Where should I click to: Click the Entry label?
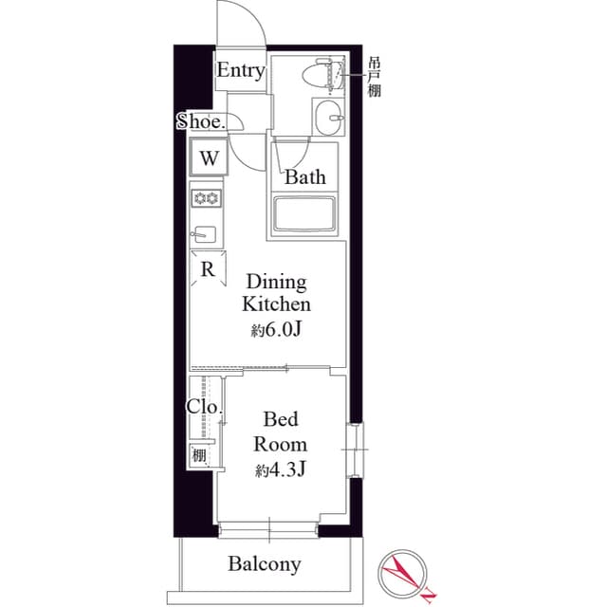pyautogui.click(x=240, y=71)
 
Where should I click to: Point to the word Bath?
pyautogui.click(x=305, y=176)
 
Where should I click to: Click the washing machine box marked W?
pyautogui.click(x=209, y=157)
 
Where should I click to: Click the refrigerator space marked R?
pyautogui.click(x=208, y=269)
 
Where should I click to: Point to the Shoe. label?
pyautogui.click(x=201, y=121)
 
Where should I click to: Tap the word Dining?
pyautogui.click(x=276, y=283)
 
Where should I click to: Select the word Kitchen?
pyautogui.click(x=276, y=305)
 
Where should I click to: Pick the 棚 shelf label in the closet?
pyautogui.click(x=200, y=455)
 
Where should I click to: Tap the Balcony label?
pyautogui.click(x=265, y=565)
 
